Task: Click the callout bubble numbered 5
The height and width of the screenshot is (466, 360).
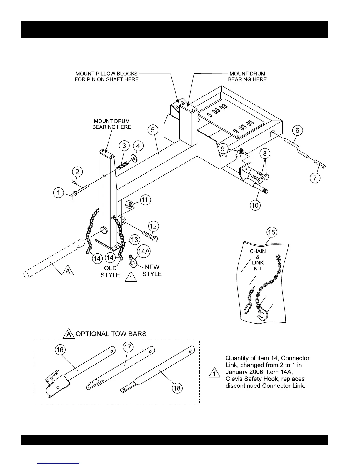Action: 153,130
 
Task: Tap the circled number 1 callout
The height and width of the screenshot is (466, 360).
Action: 59,193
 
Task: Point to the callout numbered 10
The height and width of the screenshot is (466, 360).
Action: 255,205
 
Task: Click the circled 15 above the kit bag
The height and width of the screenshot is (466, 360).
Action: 271,232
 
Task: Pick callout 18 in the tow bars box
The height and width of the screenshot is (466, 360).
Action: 177,388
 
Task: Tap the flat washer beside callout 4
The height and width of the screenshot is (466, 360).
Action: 135,159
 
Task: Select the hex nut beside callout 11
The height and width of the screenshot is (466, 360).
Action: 129,204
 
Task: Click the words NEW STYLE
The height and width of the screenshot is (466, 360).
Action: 152,270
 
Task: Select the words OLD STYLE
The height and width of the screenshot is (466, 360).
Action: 110,272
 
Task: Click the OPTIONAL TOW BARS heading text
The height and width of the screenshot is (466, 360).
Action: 111,334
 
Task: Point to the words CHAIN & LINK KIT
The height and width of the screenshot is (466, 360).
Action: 258,260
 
